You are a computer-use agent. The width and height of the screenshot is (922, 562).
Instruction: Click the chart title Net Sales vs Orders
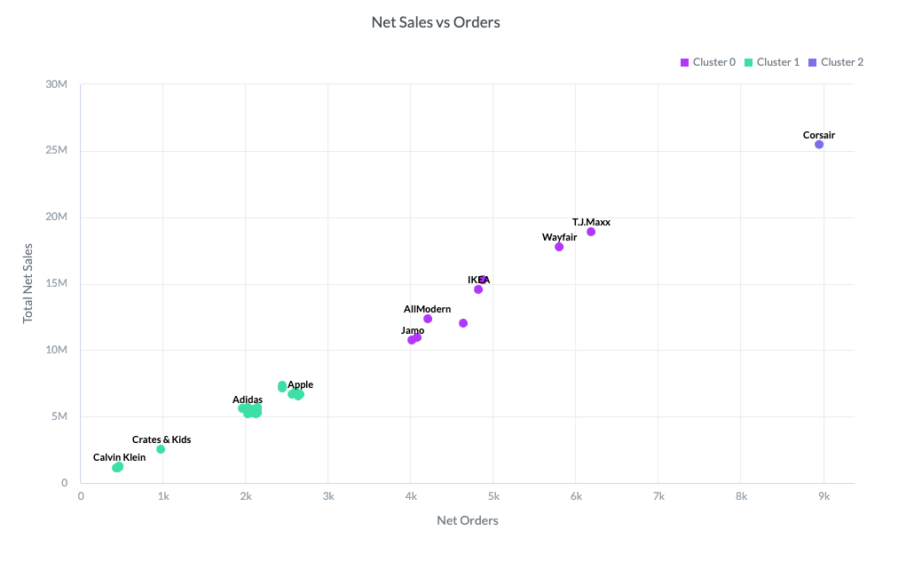(436, 22)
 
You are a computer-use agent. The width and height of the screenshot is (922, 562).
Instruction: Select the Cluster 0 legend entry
(708, 62)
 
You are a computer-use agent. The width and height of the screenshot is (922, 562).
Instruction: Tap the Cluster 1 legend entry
(772, 62)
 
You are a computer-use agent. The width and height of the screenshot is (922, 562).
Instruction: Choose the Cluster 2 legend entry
(836, 62)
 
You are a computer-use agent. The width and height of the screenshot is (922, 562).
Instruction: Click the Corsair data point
(819, 145)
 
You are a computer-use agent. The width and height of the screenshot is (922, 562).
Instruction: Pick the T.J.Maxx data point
(591, 232)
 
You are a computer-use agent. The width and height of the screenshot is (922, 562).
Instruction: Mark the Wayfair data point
(559, 247)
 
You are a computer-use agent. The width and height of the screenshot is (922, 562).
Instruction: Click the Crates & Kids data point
(161, 449)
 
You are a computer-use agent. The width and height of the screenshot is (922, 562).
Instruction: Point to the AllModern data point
(428, 319)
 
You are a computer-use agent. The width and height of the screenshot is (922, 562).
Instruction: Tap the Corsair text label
(819, 136)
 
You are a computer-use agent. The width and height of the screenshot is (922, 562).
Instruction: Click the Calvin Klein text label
(120, 458)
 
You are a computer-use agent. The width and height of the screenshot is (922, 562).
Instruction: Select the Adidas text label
(248, 400)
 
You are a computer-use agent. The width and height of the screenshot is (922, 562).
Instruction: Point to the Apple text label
(300, 385)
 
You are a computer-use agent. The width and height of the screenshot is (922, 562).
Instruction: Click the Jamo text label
(413, 331)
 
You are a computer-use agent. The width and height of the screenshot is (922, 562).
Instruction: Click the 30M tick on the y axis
(57, 84)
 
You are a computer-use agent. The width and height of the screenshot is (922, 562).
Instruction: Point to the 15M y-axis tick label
(57, 284)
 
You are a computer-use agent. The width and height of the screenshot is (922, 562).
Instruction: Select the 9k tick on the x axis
(823, 496)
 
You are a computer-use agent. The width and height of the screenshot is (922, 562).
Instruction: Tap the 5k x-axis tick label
(493, 496)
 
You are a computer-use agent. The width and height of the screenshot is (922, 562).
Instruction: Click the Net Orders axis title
(468, 521)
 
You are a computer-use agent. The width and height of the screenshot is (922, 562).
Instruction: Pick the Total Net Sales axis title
(28, 283)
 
